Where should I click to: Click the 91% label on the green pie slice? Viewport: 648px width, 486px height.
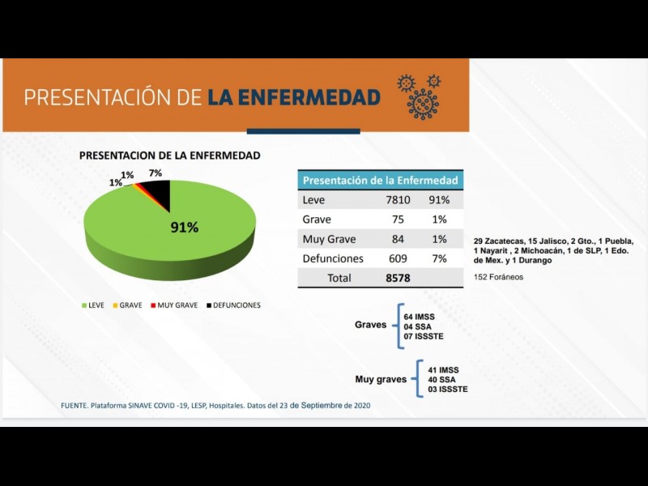pyautogui.click(x=184, y=228)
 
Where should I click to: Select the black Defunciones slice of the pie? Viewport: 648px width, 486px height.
pyautogui.click(x=157, y=192)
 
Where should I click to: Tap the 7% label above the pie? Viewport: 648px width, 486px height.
pyautogui.click(x=155, y=173)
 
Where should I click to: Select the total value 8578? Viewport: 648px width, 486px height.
pyautogui.click(x=398, y=278)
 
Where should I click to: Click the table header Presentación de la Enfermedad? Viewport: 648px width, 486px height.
pyautogui.click(x=380, y=180)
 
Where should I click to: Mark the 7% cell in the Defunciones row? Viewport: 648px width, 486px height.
pyautogui.click(x=439, y=258)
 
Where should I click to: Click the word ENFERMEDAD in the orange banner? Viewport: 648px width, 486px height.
pyautogui.click(x=293, y=98)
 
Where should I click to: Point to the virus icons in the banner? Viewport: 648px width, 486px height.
pyautogui.click(x=420, y=96)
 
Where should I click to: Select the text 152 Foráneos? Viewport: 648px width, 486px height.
pyautogui.click(x=498, y=277)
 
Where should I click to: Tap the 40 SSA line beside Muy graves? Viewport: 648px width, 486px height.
pyautogui.click(x=444, y=379)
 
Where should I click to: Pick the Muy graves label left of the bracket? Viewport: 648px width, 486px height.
pyautogui.click(x=380, y=379)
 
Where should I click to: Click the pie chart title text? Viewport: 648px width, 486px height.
pyautogui.click(x=169, y=155)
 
